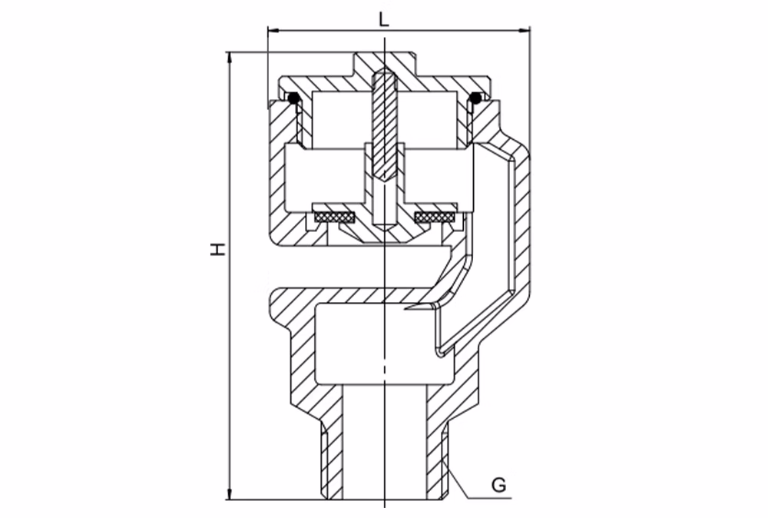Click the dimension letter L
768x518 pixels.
coord(384,19)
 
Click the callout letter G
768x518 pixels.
coord(498,485)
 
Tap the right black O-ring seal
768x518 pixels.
coord(475,98)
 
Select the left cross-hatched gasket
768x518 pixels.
coord(335,216)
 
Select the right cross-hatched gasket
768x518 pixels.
coord(435,216)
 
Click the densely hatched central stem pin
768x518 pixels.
coord(385,125)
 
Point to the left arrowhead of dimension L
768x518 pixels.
coord(273,31)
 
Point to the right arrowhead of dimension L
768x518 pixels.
coord(525,31)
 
